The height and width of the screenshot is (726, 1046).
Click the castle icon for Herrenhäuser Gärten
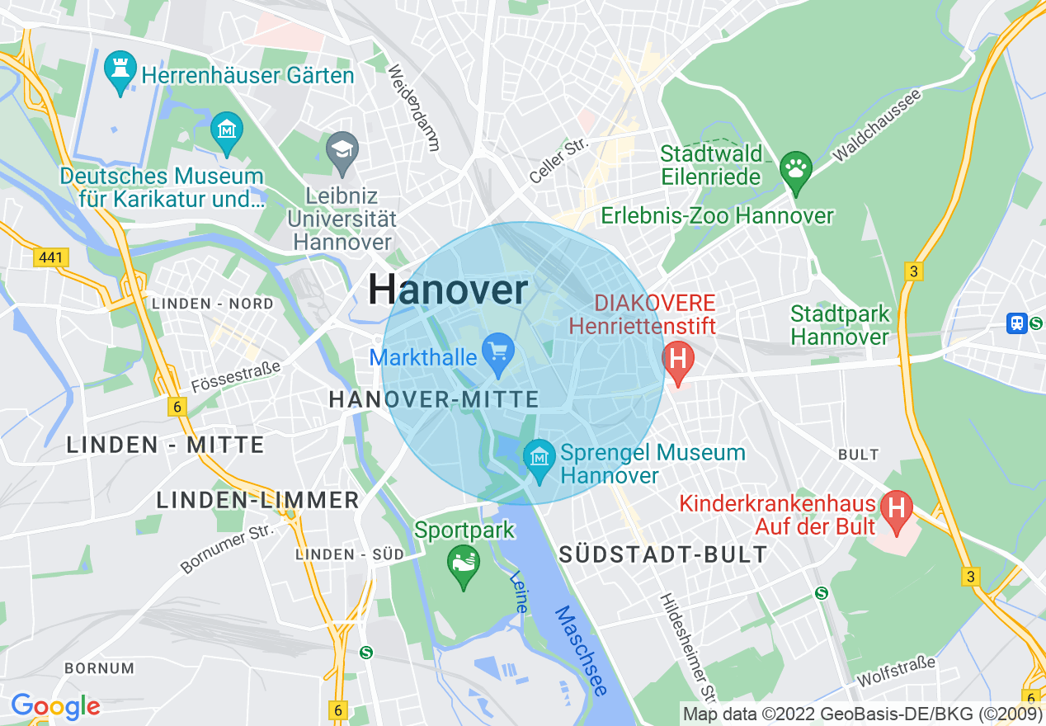[120, 70]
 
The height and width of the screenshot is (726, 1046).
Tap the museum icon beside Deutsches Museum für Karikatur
[225, 131]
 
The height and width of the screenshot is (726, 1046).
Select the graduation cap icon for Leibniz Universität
[342, 152]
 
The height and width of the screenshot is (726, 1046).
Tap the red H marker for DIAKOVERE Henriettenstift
[678, 361]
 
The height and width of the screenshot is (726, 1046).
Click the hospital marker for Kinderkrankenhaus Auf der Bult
[896, 507]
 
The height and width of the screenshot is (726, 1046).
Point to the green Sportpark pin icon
[463, 564]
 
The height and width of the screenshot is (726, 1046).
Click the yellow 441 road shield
[51, 258]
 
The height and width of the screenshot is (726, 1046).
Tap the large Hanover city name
[448, 290]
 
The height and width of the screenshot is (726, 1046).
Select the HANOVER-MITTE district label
[434, 400]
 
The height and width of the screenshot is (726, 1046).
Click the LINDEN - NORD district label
[213, 304]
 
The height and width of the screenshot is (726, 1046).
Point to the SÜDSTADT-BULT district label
[663, 554]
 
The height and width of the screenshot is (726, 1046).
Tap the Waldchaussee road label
[877, 125]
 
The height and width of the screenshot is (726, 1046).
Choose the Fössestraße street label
[235, 375]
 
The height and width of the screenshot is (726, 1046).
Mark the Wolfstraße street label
[897, 672]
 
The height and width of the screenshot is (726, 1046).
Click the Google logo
[55, 706]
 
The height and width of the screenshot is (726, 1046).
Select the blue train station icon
[1017, 323]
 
